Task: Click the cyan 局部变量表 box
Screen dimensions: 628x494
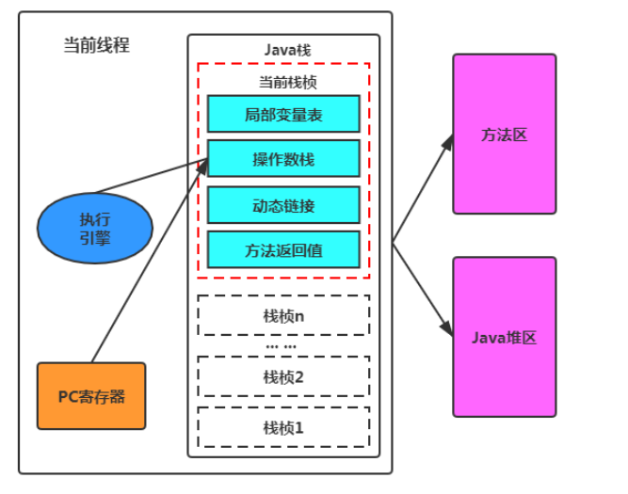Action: [283, 114]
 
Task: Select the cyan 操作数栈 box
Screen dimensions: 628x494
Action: [283, 158]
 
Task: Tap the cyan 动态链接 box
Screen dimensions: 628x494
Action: [283, 205]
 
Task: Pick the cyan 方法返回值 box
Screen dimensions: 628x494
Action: [283, 249]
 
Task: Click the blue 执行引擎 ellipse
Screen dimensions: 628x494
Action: [95, 229]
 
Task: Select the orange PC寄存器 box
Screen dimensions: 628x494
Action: [91, 396]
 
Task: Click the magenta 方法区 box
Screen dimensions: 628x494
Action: [505, 135]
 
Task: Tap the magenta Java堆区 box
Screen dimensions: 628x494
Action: [505, 337]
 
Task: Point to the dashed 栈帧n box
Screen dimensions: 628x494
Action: [283, 315]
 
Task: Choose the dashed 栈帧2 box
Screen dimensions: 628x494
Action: [283, 376]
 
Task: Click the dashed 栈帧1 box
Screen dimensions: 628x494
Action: [283, 427]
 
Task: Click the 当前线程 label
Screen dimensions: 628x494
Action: [97, 45]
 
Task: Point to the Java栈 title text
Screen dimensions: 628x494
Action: [287, 50]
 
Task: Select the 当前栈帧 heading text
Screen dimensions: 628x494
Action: [287, 82]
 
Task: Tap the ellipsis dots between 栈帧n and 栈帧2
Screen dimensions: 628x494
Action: [282, 346]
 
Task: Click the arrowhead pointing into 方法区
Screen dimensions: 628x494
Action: [448, 142]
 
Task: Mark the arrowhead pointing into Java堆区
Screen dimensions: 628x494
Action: [447, 328]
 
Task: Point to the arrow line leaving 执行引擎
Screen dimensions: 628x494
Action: [152, 176]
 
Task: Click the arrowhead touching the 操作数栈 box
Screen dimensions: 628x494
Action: [202, 167]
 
